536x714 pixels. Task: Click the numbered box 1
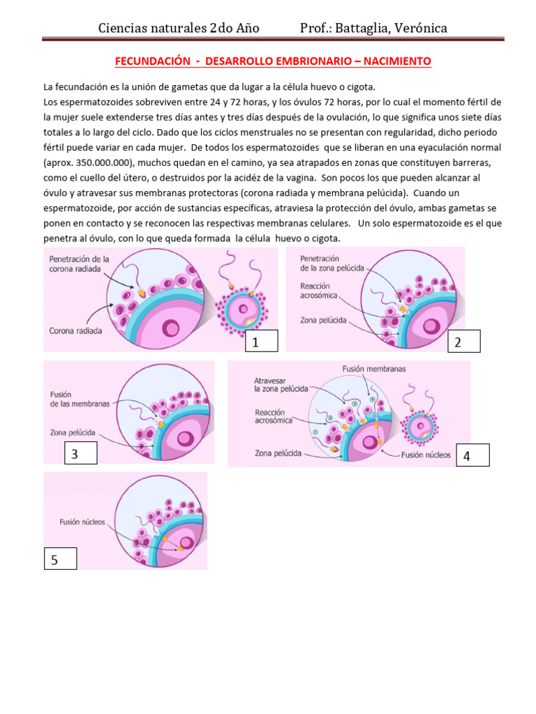click(x=262, y=341)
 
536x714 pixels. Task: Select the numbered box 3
click(x=80, y=454)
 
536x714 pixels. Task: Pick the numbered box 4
click(x=472, y=455)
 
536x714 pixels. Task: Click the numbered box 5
click(x=59, y=559)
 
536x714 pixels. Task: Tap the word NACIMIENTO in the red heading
click(x=398, y=62)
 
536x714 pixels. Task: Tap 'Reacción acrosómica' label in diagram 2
click(x=319, y=291)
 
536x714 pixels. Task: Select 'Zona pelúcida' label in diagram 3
click(x=73, y=432)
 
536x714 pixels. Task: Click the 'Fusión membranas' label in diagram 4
click(x=374, y=369)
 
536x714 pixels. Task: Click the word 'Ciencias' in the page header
click(x=124, y=29)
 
